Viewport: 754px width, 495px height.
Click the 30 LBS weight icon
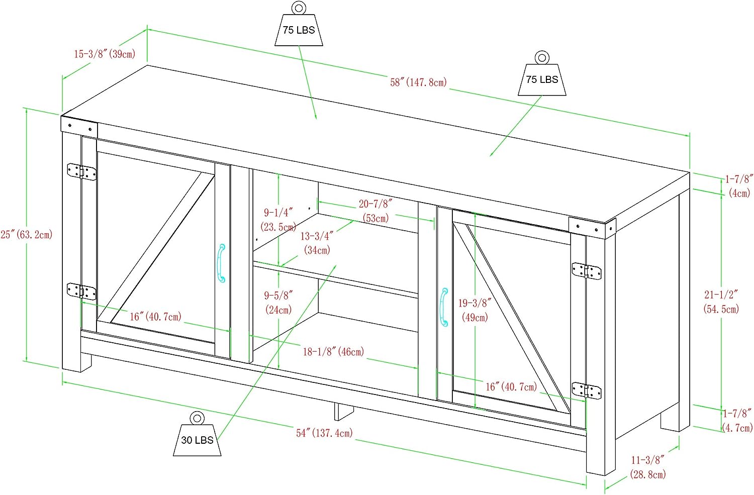(x=197, y=435)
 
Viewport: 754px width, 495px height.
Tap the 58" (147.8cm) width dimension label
(x=418, y=82)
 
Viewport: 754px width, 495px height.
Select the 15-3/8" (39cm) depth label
(x=105, y=54)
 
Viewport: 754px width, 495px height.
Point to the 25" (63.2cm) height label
(x=27, y=235)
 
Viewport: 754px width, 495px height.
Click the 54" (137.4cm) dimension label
(x=324, y=433)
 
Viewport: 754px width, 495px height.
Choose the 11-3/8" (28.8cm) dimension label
(x=648, y=467)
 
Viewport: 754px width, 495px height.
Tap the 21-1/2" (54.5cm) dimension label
(x=721, y=302)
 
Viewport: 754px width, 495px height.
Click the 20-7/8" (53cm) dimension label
(x=375, y=211)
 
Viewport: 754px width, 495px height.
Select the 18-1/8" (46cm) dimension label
(x=333, y=352)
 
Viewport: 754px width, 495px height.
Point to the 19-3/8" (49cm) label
(x=475, y=310)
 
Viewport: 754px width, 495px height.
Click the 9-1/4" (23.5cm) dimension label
(x=278, y=220)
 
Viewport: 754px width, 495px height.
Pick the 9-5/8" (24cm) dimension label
(x=278, y=303)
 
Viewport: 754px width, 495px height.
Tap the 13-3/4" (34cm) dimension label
(x=317, y=243)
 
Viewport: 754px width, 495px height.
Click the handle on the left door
(x=221, y=263)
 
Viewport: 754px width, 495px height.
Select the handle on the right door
(x=443, y=307)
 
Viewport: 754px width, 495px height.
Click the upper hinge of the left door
(x=81, y=171)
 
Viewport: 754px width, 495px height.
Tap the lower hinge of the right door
(x=587, y=390)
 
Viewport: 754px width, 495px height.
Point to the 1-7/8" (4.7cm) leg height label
(x=737, y=420)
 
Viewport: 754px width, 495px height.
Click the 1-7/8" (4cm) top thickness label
(x=739, y=185)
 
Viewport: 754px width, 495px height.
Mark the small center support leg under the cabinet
(x=343, y=411)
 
